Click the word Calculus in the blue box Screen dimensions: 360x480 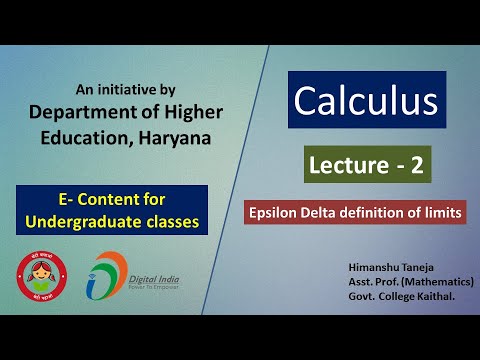tap(365, 100)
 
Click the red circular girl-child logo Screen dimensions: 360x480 tap(43, 278)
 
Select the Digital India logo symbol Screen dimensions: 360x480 tap(103, 277)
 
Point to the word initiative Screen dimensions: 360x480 tap(139, 87)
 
